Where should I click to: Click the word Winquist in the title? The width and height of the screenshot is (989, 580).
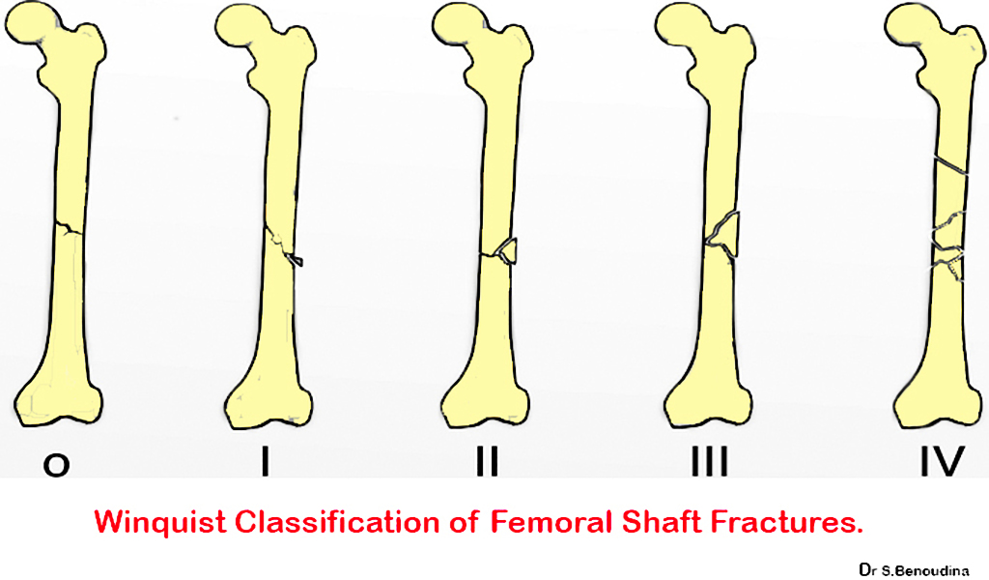(x=161, y=523)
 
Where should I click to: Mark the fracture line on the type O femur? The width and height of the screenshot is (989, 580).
(x=67, y=228)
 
